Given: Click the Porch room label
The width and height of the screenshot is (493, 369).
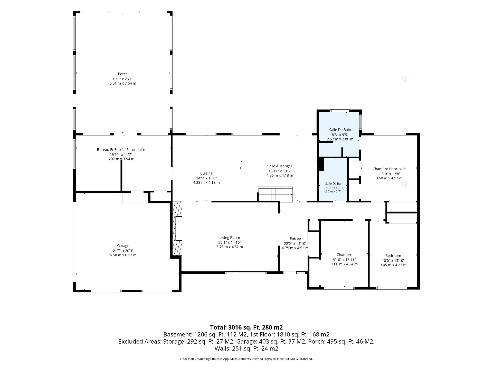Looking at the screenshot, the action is pyautogui.click(x=123, y=74).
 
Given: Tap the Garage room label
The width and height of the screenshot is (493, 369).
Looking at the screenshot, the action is pyautogui.click(x=123, y=246).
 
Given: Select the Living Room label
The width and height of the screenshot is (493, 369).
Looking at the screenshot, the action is pyautogui.click(x=230, y=238).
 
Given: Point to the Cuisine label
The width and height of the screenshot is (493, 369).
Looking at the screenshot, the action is pyautogui.click(x=206, y=173).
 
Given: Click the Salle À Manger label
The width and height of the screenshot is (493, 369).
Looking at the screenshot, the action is pyautogui.click(x=280, y=166).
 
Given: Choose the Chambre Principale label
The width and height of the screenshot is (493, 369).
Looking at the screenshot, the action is pyautogui.click(x=389, y=169).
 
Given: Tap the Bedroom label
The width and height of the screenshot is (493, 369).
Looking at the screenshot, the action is pyautogui.click(x=393, y=255).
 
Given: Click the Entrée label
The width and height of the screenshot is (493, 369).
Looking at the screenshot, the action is pyautogui.click(x=295, y=239).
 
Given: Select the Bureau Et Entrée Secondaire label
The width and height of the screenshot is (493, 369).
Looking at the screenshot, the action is pyautogui.click(x=121, y=150).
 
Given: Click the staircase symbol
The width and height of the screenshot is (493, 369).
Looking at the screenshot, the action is pyautogui.click(x=275, y=194).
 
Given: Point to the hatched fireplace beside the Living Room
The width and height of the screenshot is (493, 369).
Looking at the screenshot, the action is pyautogui.click(x=177, y=228).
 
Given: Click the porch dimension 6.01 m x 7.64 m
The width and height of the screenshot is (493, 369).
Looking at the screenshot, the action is pyautogui.click(x=123, y=83).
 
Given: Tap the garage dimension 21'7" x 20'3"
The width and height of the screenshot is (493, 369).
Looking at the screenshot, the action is pyautogui.click(x=123, y=251).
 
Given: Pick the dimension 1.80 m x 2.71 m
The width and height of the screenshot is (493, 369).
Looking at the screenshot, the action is pyautogui.click(x=334, y=191).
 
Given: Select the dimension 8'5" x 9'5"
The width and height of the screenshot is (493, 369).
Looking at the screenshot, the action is pyautogui.click(x=340, y=135).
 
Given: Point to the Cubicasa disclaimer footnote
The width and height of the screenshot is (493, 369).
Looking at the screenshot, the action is pyautogui.click(x=246, y=359).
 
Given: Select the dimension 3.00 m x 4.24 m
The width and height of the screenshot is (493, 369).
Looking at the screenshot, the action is pyautogui.click(x=344, y=264).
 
